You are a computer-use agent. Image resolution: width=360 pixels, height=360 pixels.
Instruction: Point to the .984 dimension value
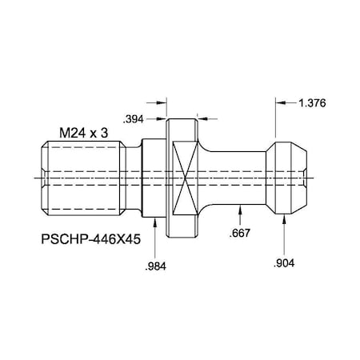click(x=154, y=266)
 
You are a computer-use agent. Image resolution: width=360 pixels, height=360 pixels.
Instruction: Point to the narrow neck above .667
click(x=240, y=176)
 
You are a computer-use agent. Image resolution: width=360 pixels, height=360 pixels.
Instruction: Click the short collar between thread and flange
click(x=152, y=176)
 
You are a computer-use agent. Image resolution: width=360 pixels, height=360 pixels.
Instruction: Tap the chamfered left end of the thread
click(x=41, y=176)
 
